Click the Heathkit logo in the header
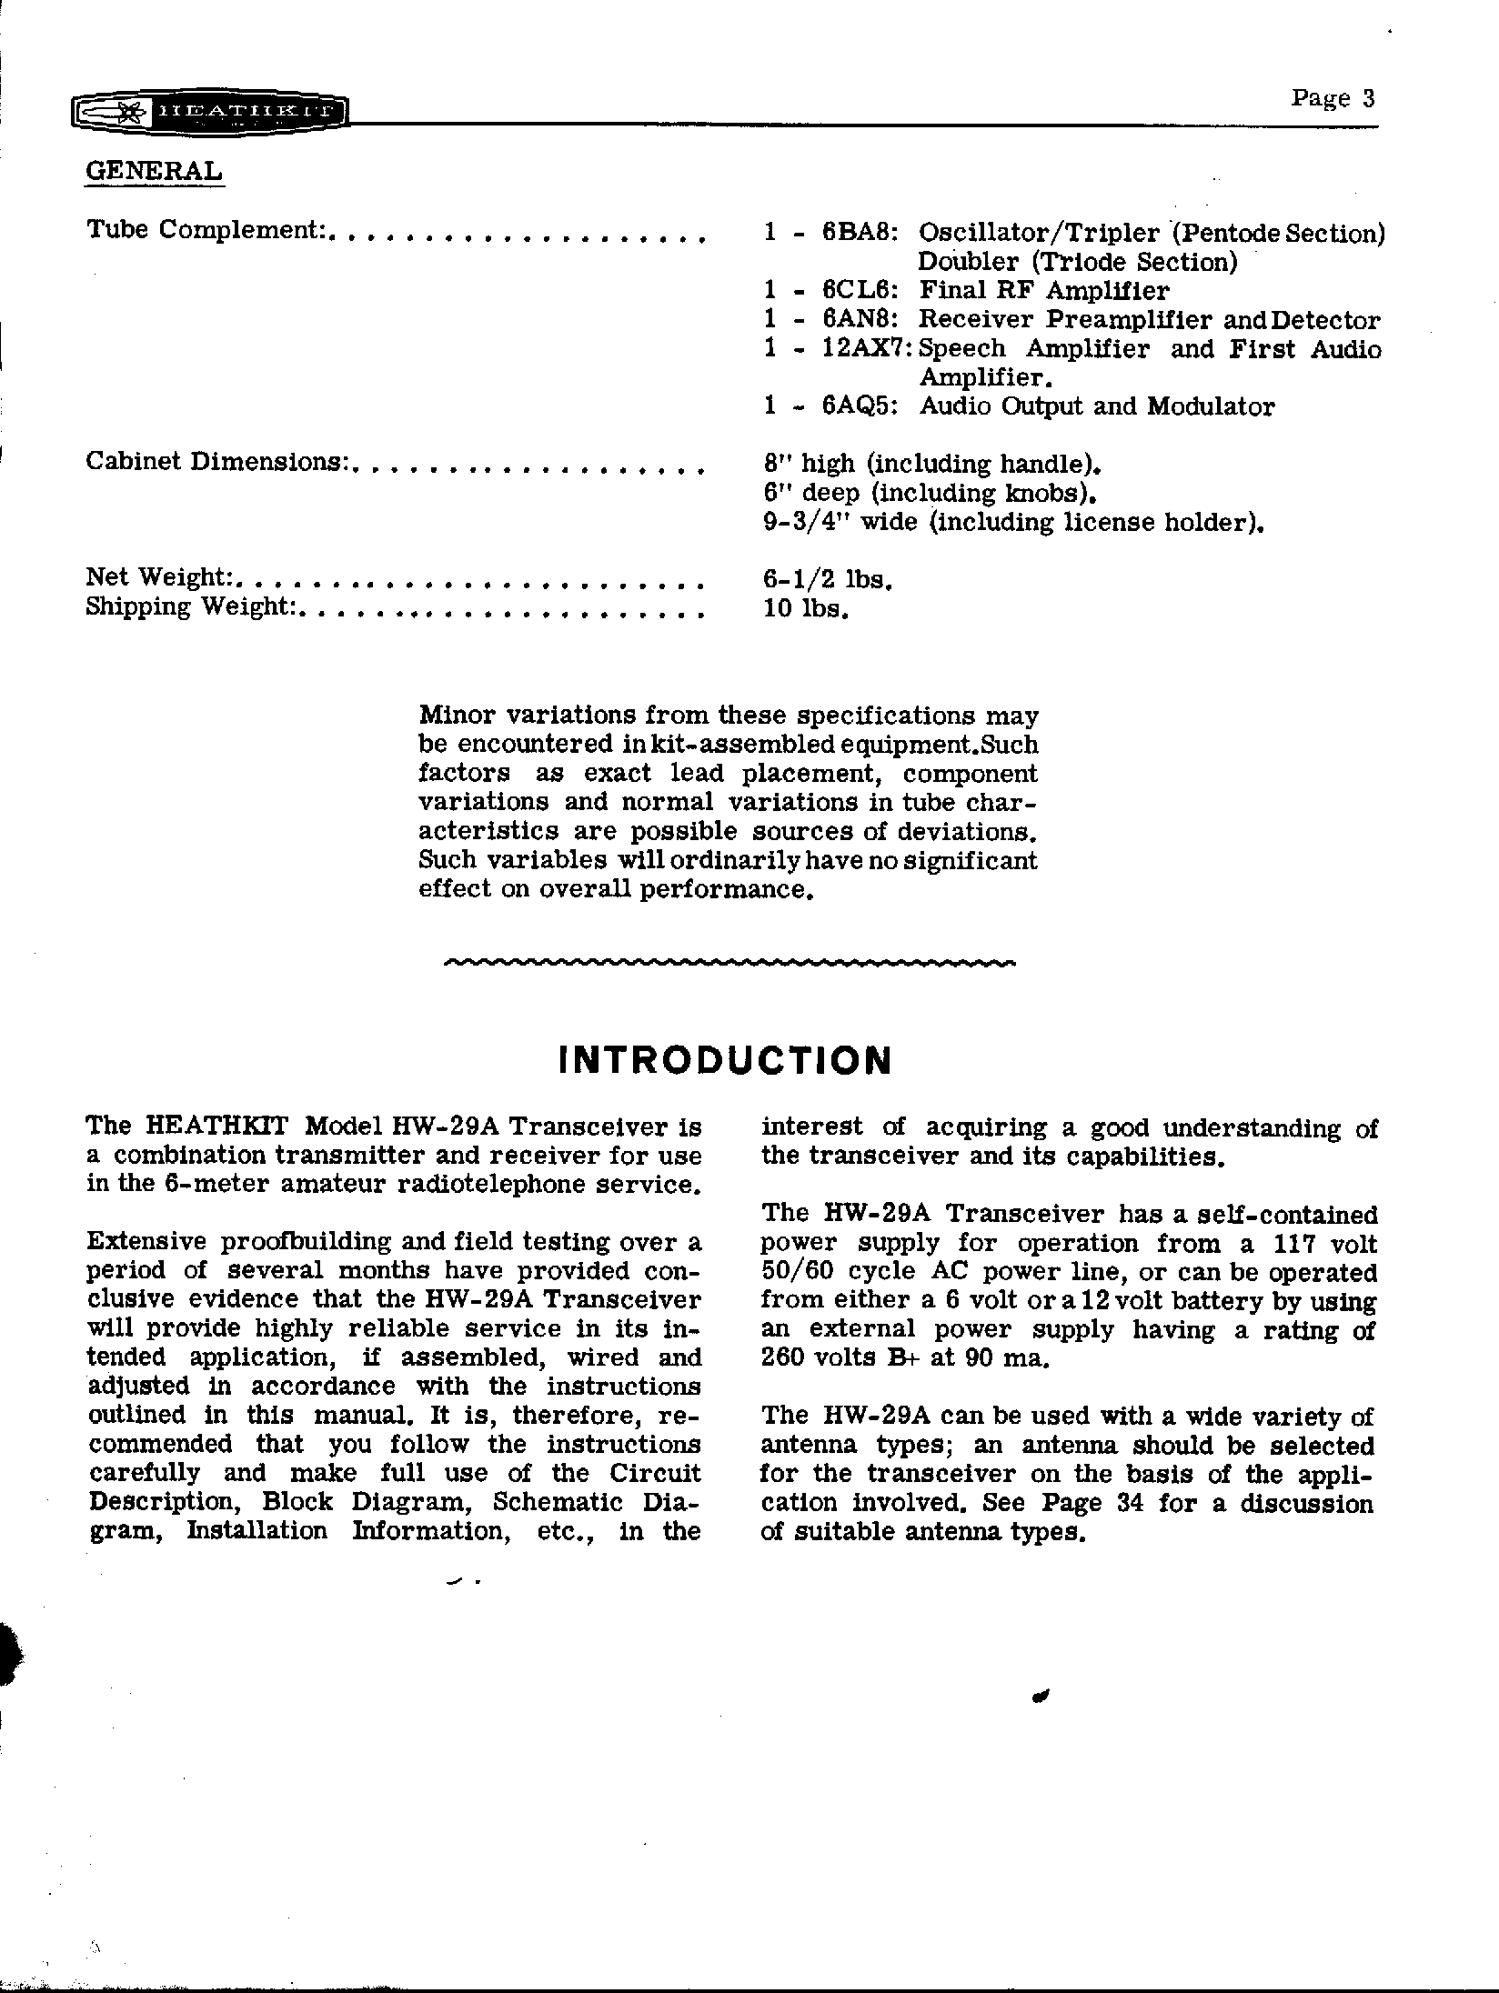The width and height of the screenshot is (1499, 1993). click(x=209, y=113)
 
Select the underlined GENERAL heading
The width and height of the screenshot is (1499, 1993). click(x=154, y=170)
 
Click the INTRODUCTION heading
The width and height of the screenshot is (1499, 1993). click(x=725, y=1060)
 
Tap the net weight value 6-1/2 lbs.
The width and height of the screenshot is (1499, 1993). click(x=827, y=579)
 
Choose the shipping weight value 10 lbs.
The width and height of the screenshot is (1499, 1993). click(x=806, y=608)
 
